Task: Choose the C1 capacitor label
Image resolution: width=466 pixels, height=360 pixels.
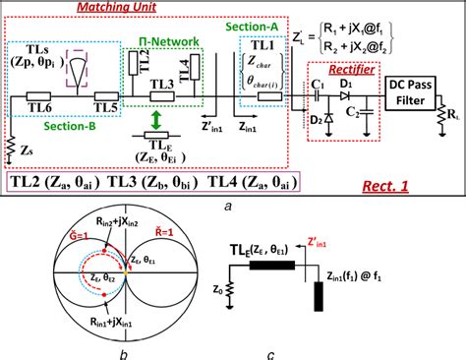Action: tap(318, 87)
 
